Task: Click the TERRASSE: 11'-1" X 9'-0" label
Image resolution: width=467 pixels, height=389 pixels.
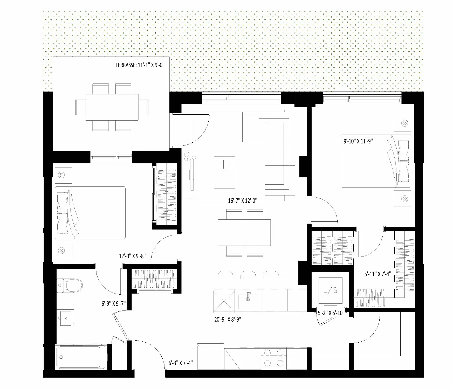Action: click(140, 65)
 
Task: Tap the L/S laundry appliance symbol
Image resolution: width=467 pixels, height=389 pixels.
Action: click(331, 290)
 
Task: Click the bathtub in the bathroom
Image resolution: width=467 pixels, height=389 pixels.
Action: click(79, 357)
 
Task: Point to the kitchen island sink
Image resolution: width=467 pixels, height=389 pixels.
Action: click(248, 300)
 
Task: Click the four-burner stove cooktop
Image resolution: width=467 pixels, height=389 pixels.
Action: click(274, 358)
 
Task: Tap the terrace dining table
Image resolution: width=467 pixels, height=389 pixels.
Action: click(112, 107)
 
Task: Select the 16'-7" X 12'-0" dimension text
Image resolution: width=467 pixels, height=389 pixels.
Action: click(243, 200)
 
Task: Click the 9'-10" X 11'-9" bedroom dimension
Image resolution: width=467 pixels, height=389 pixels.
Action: click(358, 141)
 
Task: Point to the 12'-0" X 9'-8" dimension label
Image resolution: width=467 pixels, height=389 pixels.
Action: click(132, 256)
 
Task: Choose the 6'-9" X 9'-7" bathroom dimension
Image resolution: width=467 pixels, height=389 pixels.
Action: click(114, 303)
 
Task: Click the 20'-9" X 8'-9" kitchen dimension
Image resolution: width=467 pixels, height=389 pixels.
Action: click(228, 319)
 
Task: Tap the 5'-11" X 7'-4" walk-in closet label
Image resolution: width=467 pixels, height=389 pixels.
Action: click(378, 274)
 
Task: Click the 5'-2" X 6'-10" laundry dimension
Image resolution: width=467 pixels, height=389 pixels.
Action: click(331, 313)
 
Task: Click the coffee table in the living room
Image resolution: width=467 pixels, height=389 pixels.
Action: click(225, 172)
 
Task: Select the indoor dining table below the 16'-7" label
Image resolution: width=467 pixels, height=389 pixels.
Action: click(244, 233)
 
